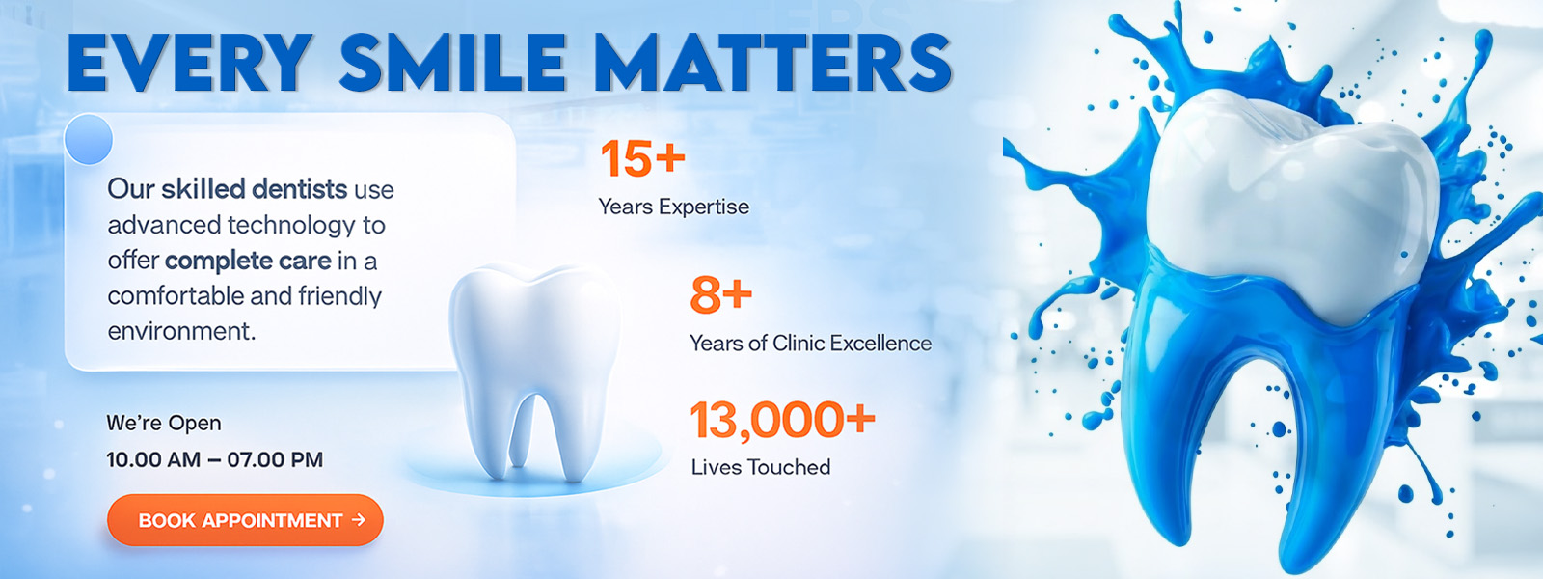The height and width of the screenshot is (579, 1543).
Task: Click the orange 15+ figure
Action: point(642,158)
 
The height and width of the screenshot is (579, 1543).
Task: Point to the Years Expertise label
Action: point(674,207)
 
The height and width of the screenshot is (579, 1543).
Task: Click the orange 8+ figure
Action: point(720,295)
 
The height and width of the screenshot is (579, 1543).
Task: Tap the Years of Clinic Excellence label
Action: point(811,344)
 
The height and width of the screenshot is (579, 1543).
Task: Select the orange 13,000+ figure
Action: point(782,420)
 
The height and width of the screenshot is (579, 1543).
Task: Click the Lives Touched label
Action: point(761,467)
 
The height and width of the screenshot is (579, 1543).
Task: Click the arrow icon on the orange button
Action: point(358,520)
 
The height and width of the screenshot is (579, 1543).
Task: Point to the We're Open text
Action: point(164,424)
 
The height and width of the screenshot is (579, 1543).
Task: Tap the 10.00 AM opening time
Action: point(153,459)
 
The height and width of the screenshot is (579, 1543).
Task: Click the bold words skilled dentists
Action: point(255,189)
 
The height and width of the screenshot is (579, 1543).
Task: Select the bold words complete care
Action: point(248,261)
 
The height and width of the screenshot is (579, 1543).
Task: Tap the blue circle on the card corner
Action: point(88,139)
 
